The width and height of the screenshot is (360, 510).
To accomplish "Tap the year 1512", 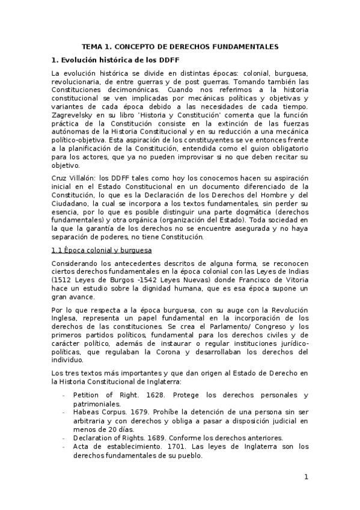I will pos(63,280).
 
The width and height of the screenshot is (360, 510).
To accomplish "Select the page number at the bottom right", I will pos(306,478).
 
